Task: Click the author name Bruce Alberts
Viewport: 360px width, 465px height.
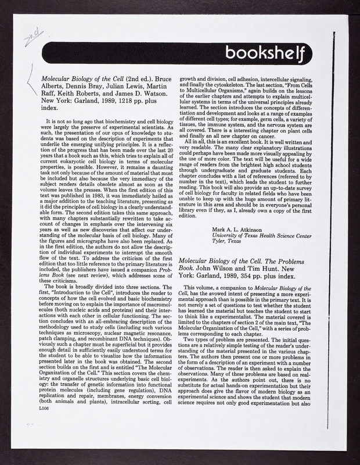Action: (157, 77)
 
